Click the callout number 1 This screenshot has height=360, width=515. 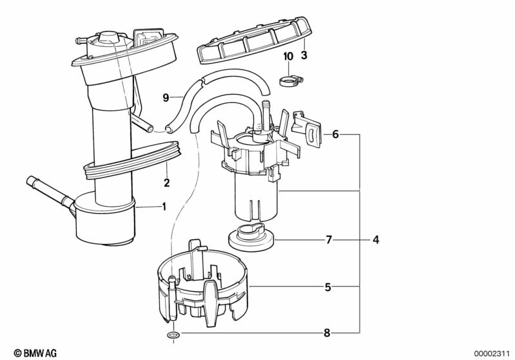coord(164,207)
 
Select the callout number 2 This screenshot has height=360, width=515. coord(167,182)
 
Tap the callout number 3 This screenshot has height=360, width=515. coord(304,55)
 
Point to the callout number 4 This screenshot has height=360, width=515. coord(376,240)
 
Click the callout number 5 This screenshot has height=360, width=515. coord(328,287)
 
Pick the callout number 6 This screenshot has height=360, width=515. coord(335,134)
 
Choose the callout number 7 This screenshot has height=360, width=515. coord(329,240)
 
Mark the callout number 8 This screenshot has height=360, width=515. coord(327,333)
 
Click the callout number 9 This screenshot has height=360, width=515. coord(166,97)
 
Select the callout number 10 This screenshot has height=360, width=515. coord(288,57)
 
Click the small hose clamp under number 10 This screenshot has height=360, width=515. coord(291,81)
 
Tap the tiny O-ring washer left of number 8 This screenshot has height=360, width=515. coord(173,335)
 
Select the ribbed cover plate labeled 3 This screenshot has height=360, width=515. coord(255,39)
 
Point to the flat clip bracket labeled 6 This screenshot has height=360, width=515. coord(307,128)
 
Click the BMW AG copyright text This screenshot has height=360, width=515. coord(35,353)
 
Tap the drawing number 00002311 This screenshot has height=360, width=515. coord(491,354)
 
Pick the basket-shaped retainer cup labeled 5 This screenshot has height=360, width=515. coord(203,284)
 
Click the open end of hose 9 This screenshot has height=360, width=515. coord(169,128)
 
